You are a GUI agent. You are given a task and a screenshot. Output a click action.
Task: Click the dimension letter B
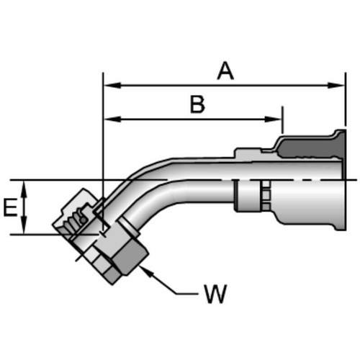(197, 104)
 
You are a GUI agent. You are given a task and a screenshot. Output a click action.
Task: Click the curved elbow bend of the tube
(144, 184)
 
